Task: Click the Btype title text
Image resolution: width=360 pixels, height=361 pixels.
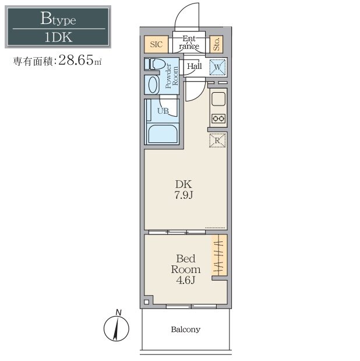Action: click(x=58, y=19)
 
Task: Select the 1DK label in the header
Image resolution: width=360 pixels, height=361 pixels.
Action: click(x=58, y=37)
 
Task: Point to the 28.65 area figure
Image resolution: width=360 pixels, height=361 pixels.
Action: click(x=76, y=60)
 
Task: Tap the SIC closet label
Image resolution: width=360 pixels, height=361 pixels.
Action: click(x=156, y=44)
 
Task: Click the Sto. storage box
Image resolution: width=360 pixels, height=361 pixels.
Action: click(x=217, y=44)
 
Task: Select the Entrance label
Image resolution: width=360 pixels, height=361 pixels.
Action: click(x=189, y=43)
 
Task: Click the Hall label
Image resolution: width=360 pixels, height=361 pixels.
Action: click(x=195, y=66)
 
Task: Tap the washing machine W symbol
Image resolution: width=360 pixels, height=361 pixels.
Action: click(x=217, y=67)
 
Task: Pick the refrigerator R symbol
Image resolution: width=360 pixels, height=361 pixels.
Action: click(x=217, y=141)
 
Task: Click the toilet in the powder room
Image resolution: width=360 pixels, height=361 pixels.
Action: click(x=154, y=64)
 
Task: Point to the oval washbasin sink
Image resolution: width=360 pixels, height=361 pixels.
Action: click(x=153, y=85)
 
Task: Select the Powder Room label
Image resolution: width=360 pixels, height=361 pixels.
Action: click(x=172, y=76)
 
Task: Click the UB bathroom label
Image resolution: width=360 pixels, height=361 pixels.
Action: click(x=163, y=111)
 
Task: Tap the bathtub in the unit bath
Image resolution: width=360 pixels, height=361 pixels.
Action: click(x=163, y=134)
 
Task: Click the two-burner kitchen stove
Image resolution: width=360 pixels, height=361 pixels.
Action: click(x=218, y=118)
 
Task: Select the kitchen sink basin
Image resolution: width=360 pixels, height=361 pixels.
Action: click(x=218, y=99)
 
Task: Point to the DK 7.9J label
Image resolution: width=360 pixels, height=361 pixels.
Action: click(x=183, y=190)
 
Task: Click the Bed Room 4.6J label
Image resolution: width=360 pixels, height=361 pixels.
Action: click(x=186, y=269)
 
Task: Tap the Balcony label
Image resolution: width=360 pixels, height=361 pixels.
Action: click(x=186, y=330)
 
